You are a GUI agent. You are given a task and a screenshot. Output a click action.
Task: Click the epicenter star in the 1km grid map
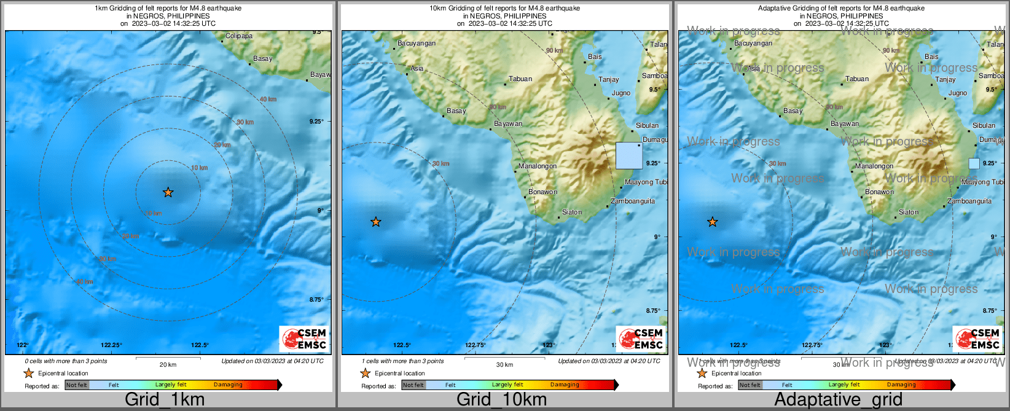tap(168, 192)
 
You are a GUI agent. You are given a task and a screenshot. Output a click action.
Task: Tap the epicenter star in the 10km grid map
tap(376, 222)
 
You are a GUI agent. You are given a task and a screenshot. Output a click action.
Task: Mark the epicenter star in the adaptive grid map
tap(713, 222)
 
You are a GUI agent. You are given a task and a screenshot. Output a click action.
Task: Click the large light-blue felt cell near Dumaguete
tap(629, 155)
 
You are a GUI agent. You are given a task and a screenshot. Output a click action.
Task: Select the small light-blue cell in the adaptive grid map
tap(974, 163)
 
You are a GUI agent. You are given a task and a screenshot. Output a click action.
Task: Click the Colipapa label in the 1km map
tap(239, 36)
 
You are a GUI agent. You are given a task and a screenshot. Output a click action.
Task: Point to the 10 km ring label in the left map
tap(199, 168)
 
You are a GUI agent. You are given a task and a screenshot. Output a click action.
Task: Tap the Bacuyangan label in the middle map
tap(417, 43)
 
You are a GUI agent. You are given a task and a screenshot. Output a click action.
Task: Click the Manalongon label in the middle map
tap(538, 166)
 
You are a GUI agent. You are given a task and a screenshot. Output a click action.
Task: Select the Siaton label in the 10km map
tap(572, 212)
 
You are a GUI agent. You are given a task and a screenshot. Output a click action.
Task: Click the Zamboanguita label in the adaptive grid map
tap(969, 201)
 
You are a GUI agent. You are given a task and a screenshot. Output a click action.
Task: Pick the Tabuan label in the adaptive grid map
tap(857, 79)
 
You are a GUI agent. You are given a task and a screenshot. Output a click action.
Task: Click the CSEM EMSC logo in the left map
tap(303, 339)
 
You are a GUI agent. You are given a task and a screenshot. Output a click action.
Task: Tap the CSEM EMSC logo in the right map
tap(977, 339)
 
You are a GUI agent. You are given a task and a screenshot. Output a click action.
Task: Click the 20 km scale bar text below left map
tap(168, 364)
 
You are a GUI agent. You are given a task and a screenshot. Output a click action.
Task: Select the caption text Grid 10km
tap(501, 399)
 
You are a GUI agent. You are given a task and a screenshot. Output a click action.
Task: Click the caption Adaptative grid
tap(838, 399)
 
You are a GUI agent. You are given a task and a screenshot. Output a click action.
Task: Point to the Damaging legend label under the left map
tap(228, 385)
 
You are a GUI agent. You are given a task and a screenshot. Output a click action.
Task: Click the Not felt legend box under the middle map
tap(413, 385)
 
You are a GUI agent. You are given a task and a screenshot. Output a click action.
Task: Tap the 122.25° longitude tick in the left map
tap(112, 345)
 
